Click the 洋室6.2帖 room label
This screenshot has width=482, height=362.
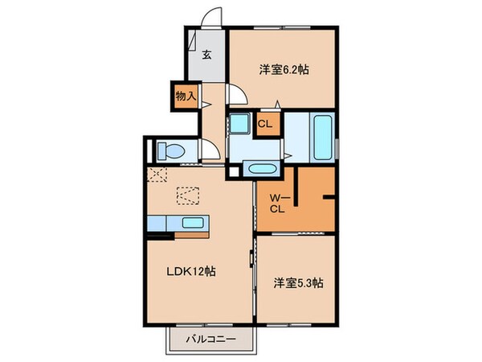[x=283, y=70]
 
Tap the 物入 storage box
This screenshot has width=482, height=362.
[x=184, y=96]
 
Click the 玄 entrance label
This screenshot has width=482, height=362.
[x=206, y=56]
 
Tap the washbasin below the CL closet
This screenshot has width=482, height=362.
[x=261, y=169]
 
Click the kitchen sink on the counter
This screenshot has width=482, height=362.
[x=192, y=224]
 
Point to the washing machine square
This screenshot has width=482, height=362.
[x=239, y=125]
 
